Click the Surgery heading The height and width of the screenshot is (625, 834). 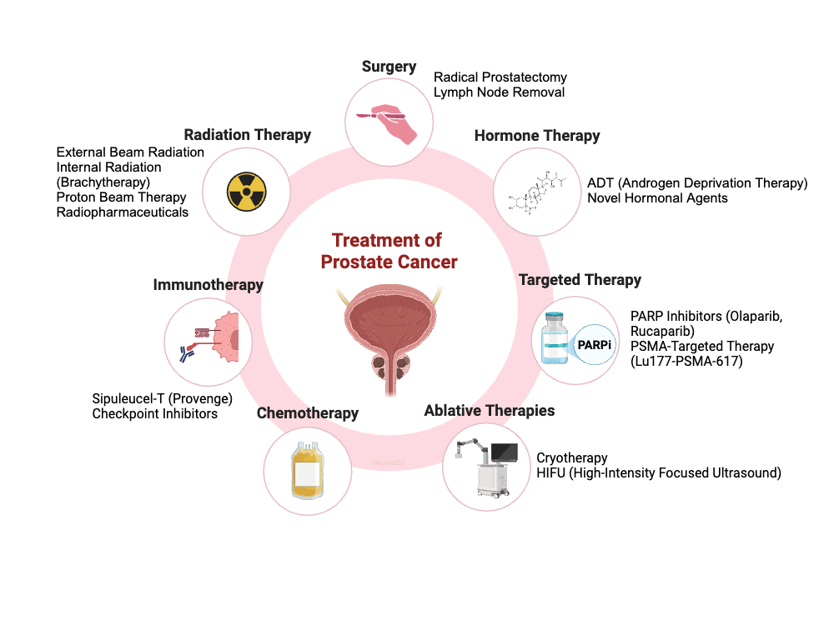pos(389,67)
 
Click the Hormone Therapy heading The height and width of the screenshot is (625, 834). pos(537,135)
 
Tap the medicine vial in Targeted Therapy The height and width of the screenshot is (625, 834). pos(557,339)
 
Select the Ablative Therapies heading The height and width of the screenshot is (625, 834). pos(490,410)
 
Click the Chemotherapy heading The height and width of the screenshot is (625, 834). pos(308,412)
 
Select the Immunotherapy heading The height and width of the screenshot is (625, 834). pos(208,285)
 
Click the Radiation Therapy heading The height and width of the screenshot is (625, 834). pos(248,134)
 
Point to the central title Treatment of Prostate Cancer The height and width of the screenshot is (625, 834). pos(389,251)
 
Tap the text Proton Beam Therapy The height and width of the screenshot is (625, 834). pos(122,197)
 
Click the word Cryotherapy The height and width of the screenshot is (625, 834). pos(572,457)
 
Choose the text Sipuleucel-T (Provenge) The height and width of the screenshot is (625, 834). pos(162,398)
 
